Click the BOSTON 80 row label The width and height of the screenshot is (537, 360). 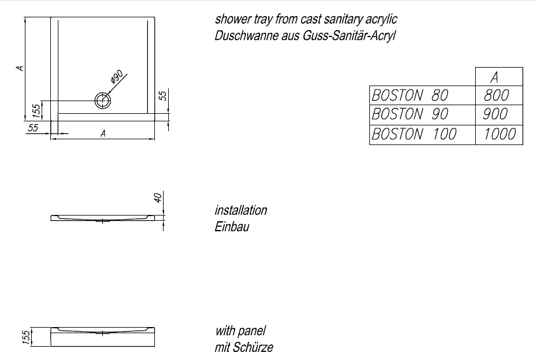click(x=410, y=95)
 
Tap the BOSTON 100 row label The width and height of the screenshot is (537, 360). click(x=414, y=134)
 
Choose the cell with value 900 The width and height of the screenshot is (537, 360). click(x=496, y=114)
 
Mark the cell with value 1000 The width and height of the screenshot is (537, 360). click(x=499, y=134)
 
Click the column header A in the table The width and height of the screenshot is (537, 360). click(x=494, y=77)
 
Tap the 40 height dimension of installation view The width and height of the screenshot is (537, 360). click(x=157, y=198)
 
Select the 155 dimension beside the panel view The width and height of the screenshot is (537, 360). click(x=25, y=336)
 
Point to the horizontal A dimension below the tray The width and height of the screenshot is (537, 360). click(x=103, y=133)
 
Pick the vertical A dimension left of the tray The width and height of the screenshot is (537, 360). click(x=20, y=68)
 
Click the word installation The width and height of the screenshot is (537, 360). click(x=241, y=210)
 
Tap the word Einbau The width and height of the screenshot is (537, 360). click(x=232, y=227)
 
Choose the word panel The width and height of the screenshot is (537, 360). click(x=253, y=331)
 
